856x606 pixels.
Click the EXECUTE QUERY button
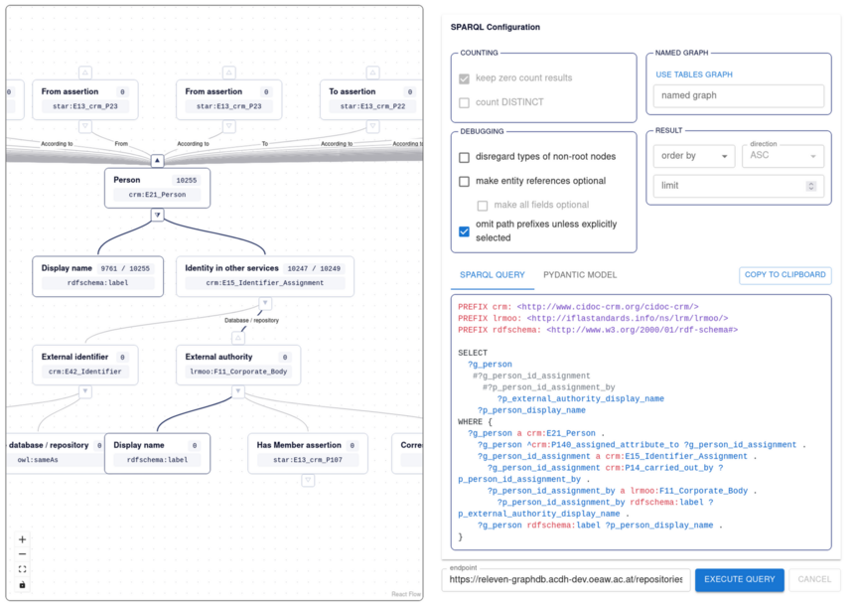point(739,580)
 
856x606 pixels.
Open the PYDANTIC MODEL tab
point(580,275)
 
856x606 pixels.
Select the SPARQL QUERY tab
point(492,275)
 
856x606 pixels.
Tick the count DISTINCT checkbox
point(464,102)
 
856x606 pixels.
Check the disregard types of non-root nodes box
point(464,157)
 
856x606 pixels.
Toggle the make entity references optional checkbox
point(464,181)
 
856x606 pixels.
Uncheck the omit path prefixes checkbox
point(464,231)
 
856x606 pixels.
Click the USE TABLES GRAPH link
point(694,75)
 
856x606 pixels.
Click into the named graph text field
point(739,95)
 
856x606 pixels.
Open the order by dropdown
point(694,156)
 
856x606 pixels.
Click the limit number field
point(739,186)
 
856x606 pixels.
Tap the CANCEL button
point(814,580)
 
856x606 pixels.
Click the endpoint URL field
point(566,580)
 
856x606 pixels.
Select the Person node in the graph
point(157,188)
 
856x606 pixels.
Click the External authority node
point(238,365)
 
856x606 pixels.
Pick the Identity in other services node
point(265,276)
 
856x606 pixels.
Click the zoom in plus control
point(23,539)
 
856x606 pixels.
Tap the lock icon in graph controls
point(23,585)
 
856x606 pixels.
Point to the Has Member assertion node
point(308,453)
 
